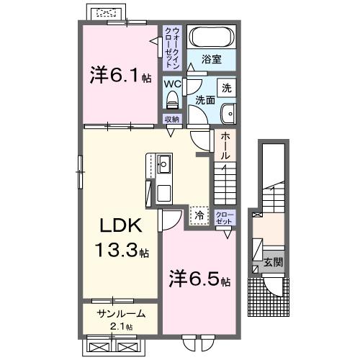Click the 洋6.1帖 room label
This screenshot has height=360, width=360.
[x=120, y=74]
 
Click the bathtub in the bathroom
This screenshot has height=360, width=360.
[x=210, y=36]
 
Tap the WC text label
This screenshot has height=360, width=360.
[x=173, y=84]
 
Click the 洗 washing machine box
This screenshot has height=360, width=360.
[x=226, y=88]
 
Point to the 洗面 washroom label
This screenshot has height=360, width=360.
[x=205, y=100]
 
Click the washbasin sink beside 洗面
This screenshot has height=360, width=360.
[x=228, y=113]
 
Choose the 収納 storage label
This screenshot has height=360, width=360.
[x=171, y=120]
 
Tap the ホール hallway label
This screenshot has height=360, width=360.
[x=225, y=146]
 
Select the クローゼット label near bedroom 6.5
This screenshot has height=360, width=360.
[x=224, y=218]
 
